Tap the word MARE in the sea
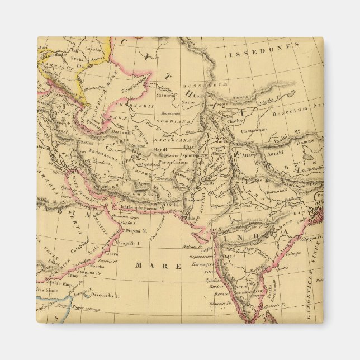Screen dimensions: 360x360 tap(158, 266)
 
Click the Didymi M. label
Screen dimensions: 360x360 tap(135, 230)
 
